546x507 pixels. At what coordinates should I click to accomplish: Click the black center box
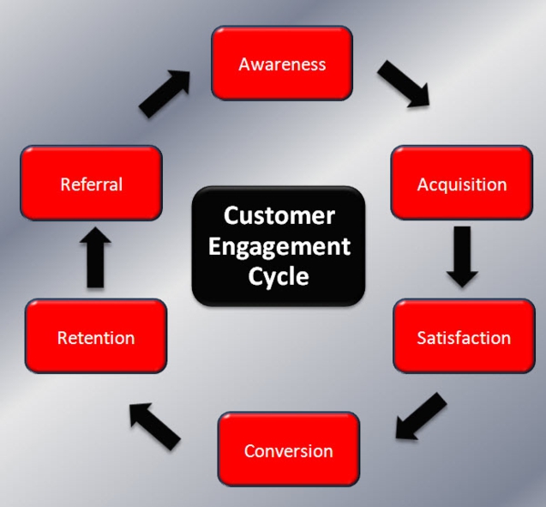point(278,247)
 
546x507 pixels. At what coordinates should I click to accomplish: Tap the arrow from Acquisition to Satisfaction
point(461,256)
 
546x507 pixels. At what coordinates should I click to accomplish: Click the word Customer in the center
point(279,216)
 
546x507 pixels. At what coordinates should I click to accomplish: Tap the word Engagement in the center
point(279,247)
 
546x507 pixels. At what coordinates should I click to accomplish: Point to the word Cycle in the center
point(279,277)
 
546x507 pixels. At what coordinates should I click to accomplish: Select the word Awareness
point(282,65)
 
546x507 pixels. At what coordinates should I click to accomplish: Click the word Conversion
point(288,451)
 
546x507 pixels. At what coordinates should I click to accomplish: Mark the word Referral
point(91,185)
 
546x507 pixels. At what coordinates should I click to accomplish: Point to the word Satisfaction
point(463,338)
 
